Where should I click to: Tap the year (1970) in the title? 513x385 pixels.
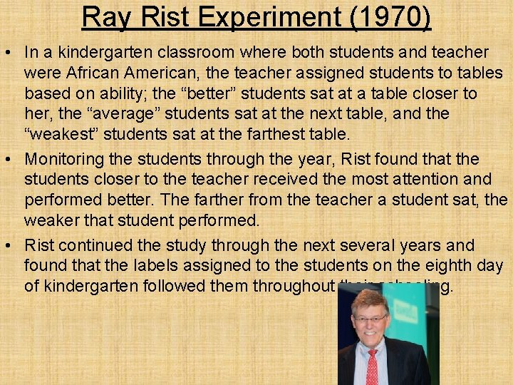point(391,17)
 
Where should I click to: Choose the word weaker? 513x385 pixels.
point(53,220)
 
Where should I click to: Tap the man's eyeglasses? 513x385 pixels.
point(370,318)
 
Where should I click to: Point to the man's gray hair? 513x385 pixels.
point(369,298)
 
